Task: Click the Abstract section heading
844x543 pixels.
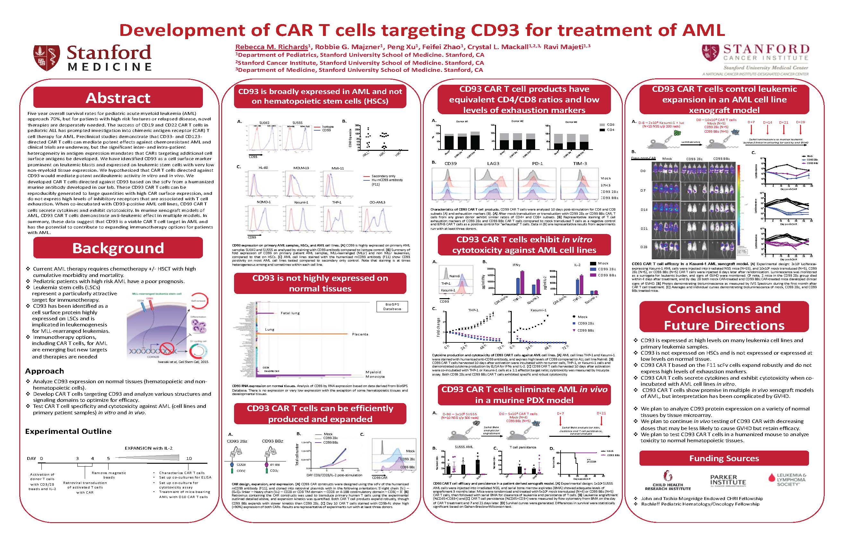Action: [x=118, y=98]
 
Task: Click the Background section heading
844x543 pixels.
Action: [x=118, y=248]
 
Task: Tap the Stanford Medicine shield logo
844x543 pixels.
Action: [x=47, y=58]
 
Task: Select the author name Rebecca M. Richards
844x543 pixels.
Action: [x=272, y=47]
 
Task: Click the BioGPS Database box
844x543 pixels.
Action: [x=392, y=306]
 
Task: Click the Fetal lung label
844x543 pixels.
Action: [x=290, y=313]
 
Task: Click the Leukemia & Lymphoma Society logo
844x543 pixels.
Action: [x=787, y=479]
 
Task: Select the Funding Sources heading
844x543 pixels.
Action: [x=724, y=458]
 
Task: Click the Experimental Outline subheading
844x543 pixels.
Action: [x=68, y=431]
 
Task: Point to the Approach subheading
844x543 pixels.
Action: [x=44, y=371]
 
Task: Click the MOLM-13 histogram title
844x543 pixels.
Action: [x=301, y=168]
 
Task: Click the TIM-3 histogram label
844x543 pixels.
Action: [x=580, y=164]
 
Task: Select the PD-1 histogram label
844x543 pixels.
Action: [x=537, y=164]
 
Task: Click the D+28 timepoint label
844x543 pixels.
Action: [x=800, y=122]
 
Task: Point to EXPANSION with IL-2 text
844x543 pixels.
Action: [x=149, y=448]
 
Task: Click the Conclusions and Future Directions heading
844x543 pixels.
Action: [x=724, y=317]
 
